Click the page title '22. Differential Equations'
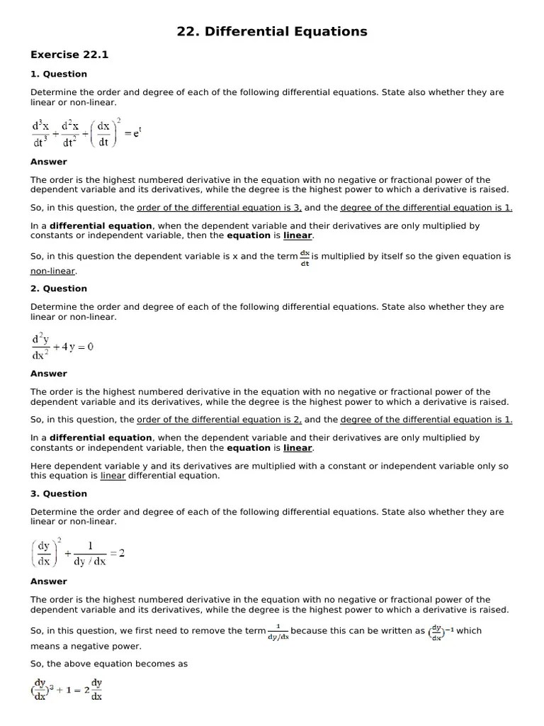pos(272,31)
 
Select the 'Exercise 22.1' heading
pos(69,55)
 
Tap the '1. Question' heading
pos(58,74)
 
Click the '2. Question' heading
pos(58,289)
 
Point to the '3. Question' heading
pos(58,493)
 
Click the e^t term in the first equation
pos(137,133)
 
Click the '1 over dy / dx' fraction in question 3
pos(90,553)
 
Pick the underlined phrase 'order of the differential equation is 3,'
pos(219,208)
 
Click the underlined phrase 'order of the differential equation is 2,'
pos(219,420)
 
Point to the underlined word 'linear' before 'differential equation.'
pos(113,476)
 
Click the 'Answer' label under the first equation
pos(48,162)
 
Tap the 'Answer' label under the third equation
pos(48,581)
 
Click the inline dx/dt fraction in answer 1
pos(305,257)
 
